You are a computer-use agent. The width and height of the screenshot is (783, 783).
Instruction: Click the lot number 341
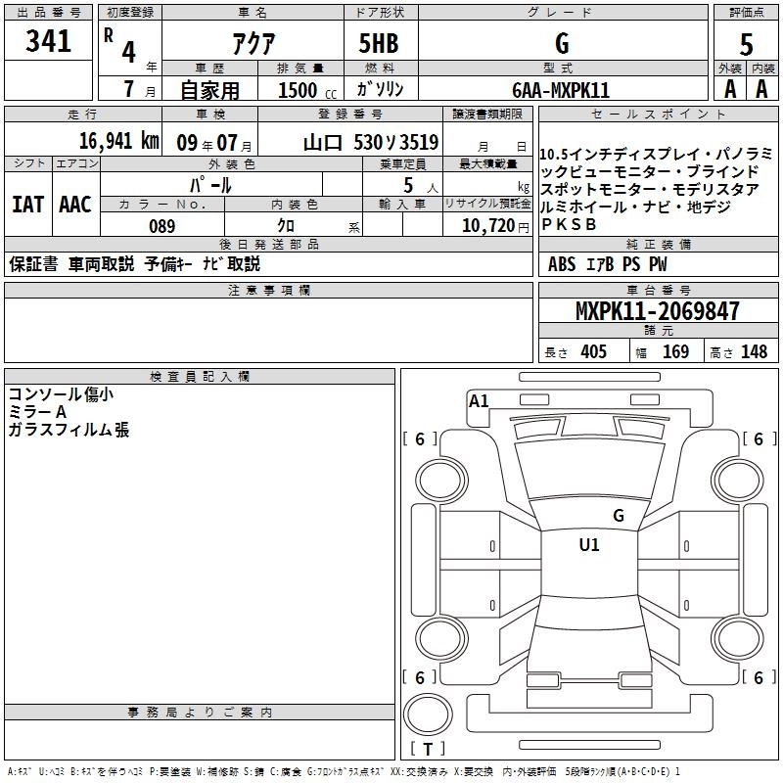coord(49,43)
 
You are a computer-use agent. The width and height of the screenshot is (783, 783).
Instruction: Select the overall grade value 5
coord(746,43)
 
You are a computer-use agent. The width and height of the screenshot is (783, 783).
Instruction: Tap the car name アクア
coord(252,43)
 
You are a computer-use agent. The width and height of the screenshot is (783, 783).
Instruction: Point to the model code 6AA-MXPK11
coord(561,89)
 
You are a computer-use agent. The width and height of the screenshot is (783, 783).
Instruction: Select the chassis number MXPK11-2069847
coord(657,312)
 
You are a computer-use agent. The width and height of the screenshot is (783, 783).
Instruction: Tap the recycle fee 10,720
coord(486,226)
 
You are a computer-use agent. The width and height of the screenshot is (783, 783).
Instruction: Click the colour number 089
coord(161,226)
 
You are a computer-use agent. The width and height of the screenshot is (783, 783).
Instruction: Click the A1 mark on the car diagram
coord(479,400)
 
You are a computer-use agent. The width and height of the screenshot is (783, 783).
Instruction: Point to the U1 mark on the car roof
coord(589,545)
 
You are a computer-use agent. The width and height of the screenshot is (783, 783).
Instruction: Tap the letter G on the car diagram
coord(618,515)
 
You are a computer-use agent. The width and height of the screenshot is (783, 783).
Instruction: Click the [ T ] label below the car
coord(428,749)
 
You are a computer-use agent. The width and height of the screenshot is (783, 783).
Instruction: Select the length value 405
coord(592,352)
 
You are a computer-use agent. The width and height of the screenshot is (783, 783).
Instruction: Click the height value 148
coord(754,352)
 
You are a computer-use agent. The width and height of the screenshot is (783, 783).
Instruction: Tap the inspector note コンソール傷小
coord(60,394)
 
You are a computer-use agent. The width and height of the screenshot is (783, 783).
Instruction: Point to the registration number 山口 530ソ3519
coord(370,141)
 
